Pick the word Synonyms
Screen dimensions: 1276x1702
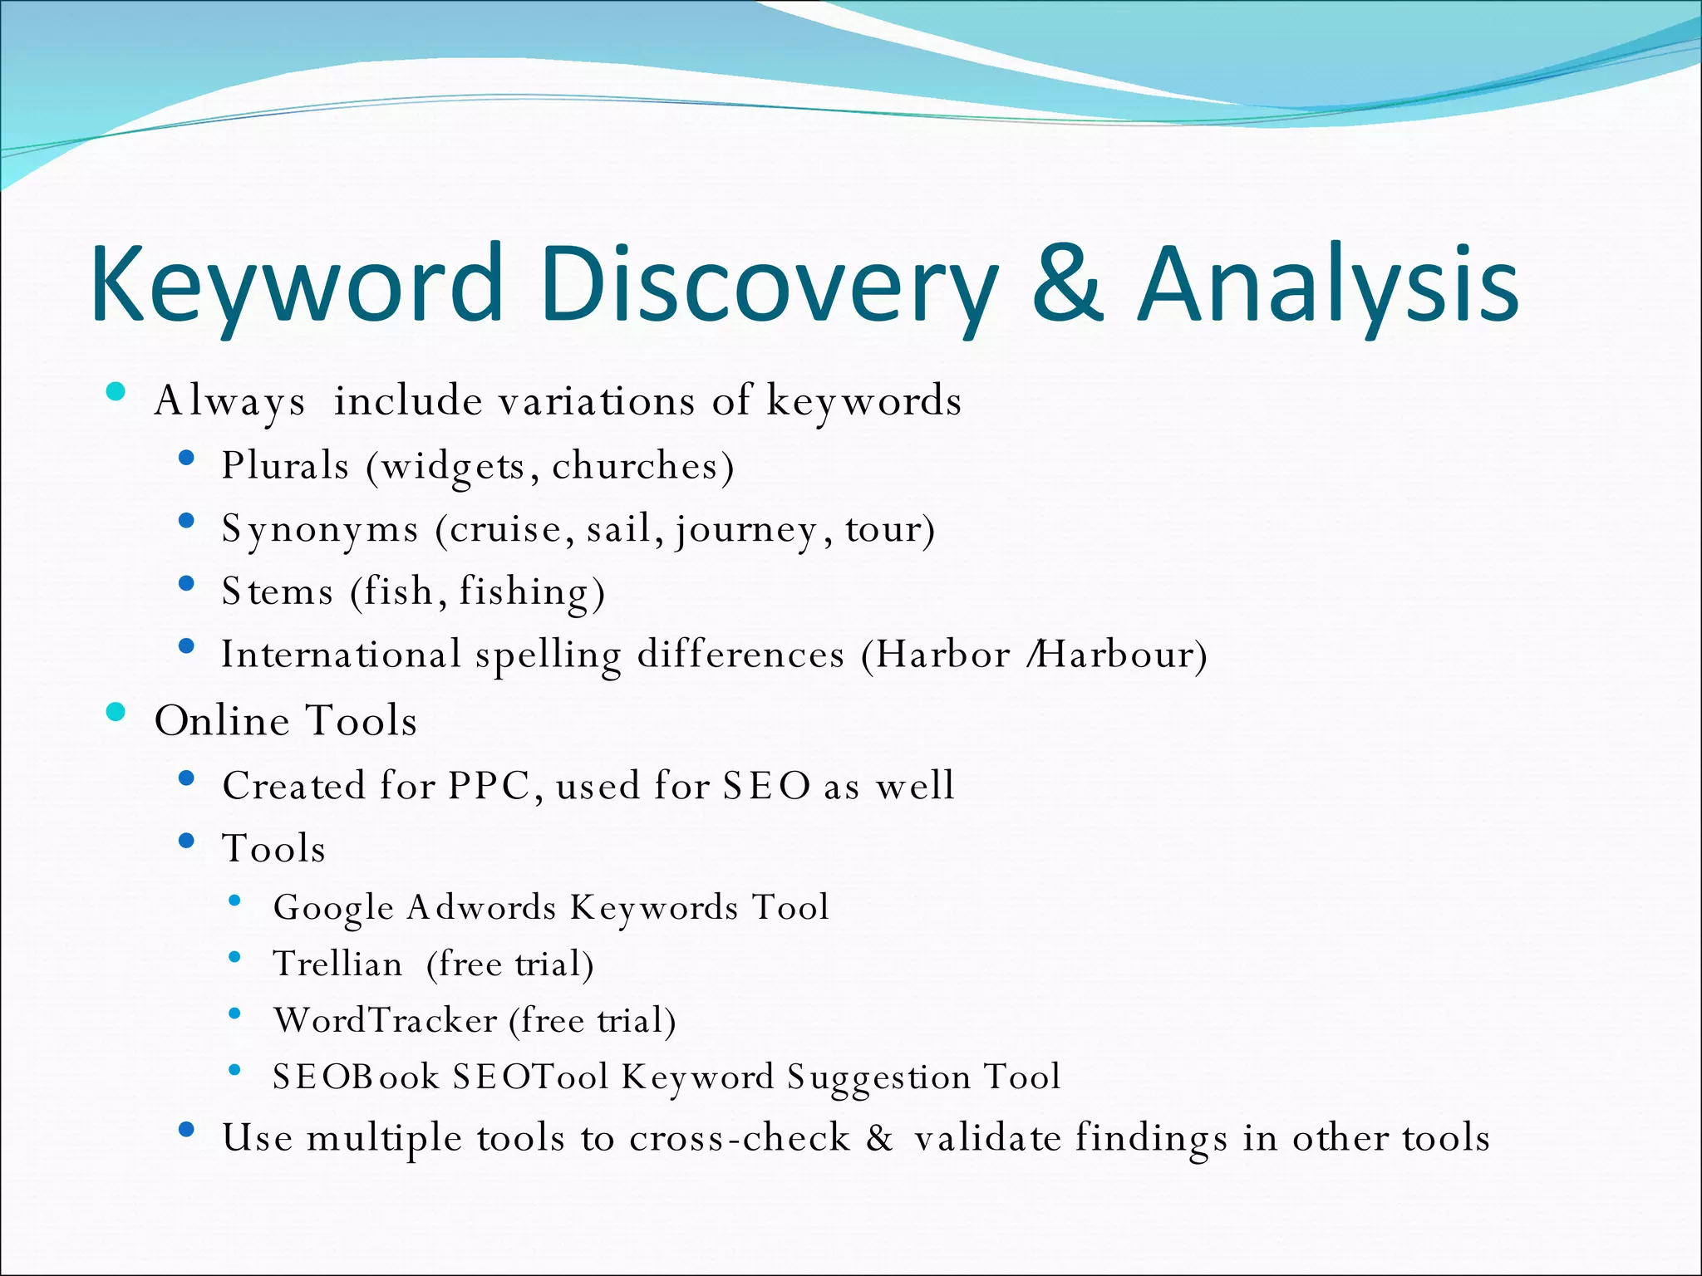(x=320, y=529)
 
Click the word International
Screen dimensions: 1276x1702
(x=341, y=655)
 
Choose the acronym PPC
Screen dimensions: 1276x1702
(x=489, y=785)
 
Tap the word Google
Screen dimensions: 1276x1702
(x=333, y=907)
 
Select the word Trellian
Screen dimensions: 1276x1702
(x=337, y=964)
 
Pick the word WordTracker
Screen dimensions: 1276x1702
(x=386, y=1020)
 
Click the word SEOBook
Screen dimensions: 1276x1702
(x=356, y=1077)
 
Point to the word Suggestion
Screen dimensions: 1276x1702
(x=878, y=1077)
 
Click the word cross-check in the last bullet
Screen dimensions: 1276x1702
(x=740, y=1138)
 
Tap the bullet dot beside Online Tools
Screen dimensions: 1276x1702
(x=116, y=712)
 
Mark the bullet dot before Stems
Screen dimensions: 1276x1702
(x=186, y=583)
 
